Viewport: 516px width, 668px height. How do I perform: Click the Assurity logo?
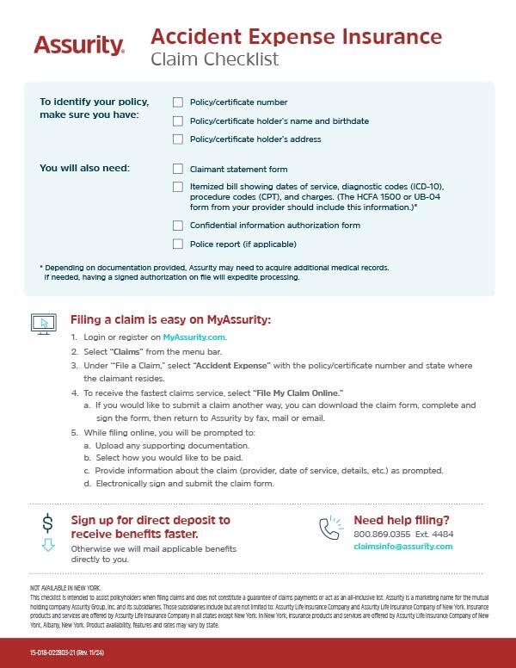[x=78, y=45]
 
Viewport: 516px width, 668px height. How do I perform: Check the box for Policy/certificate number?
[x=178, y=102]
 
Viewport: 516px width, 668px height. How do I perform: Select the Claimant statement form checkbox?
[x=178, y=170]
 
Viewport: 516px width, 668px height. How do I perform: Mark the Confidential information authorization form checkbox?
[x=178, y=226]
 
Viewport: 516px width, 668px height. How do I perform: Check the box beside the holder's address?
[x=178, y=139]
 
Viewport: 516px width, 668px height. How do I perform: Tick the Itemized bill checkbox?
[x=178, y=187]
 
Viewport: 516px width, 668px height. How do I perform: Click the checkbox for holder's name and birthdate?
[x=178, y=121]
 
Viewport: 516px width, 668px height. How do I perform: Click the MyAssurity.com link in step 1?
[x=193, y=337]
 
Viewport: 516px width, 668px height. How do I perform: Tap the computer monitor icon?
[x=42, y=323]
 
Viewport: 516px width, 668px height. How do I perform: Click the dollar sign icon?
[x=47, y=523]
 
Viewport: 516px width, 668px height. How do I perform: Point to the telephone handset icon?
[x=330, y=529]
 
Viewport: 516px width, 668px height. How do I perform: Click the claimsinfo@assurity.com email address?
[x=402, y=547]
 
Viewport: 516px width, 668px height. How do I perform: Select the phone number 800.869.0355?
[x=382, y=534]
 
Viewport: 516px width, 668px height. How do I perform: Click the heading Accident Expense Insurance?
[x=296, y=37]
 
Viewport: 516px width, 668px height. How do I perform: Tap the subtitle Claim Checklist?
[x=214, y=59]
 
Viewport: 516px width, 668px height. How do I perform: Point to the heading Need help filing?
[x=401, y=520]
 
